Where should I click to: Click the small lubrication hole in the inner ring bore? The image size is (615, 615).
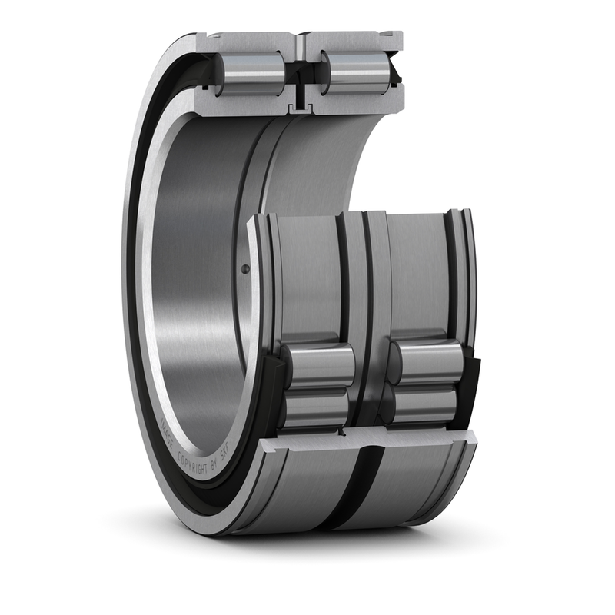(x=244, y=268)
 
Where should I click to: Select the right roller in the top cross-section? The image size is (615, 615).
(x=355, y=73)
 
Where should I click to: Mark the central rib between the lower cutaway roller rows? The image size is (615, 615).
(x=371, y=384)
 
